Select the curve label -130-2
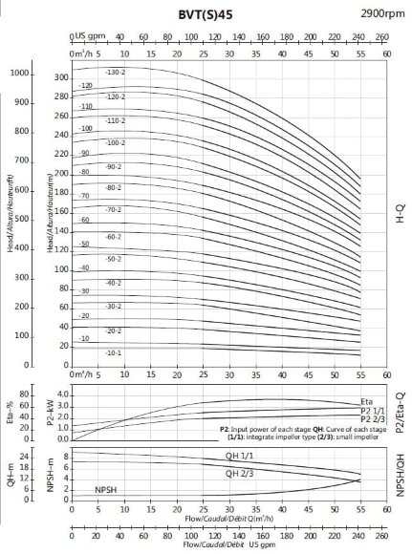(x=115, y=73)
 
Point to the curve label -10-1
(x=114, y=352)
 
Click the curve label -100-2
(x=115, y=142)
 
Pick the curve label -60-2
(x=114, y=236)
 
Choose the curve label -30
(x=84, y=290)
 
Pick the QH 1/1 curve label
(x=239, y=458)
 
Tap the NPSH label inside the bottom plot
(x=107, y=489)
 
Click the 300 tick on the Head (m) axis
(x=61, y=77)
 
